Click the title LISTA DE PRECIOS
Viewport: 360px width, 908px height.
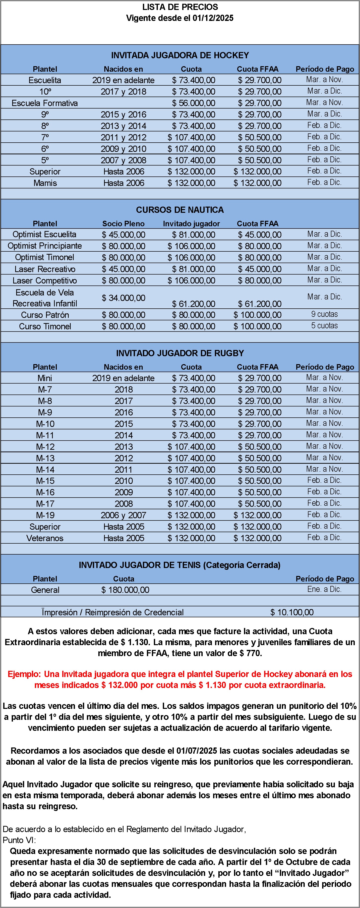click(x=180, y=7)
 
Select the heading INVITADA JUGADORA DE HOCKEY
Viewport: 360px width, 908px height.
click(x=180, y=55)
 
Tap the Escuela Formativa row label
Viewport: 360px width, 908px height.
click(x=45, y=103)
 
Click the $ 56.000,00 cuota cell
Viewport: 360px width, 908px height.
click(x=193, y=103)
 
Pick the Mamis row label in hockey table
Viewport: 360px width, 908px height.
click(x=45, y=183)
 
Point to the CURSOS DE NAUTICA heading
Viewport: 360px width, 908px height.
click(x=180, y=210)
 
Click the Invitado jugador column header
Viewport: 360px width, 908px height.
click(x=191, y=224)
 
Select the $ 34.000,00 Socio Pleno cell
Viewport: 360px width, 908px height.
click(x=123, y=298)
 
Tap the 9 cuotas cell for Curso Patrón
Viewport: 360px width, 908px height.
click(x=324, y=314)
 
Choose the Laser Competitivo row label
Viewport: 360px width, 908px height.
click(x=45, y=281)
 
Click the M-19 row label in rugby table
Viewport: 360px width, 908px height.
click(x=45, y=515)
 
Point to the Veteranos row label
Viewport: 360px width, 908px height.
click(x=45, y=538)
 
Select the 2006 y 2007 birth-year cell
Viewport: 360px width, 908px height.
click(x=123, y=515)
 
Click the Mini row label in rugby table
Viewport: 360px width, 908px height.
click(x=45, y=378)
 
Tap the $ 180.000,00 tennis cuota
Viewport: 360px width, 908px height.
click(x=125, y=590)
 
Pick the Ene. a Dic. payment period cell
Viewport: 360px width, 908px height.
click(x=324, y=589)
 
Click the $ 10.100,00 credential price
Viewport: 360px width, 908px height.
click(x=292, y=612)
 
